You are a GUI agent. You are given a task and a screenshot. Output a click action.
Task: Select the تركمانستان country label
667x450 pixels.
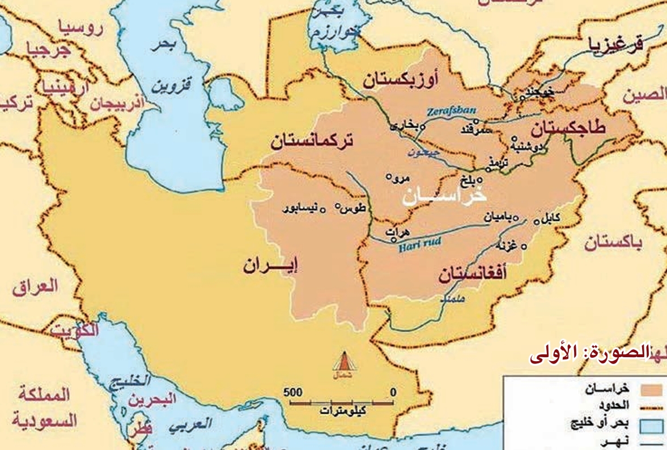click(x=311, y=141)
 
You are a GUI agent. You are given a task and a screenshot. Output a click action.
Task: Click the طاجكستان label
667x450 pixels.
click(x=567, y=128)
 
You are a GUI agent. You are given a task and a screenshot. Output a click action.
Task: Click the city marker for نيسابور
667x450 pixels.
click(x=322, y=210)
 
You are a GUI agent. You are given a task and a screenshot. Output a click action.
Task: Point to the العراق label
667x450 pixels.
click(x=35, y=286)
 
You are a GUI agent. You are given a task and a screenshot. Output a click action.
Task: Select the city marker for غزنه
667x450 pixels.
click(x=524, y=246)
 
